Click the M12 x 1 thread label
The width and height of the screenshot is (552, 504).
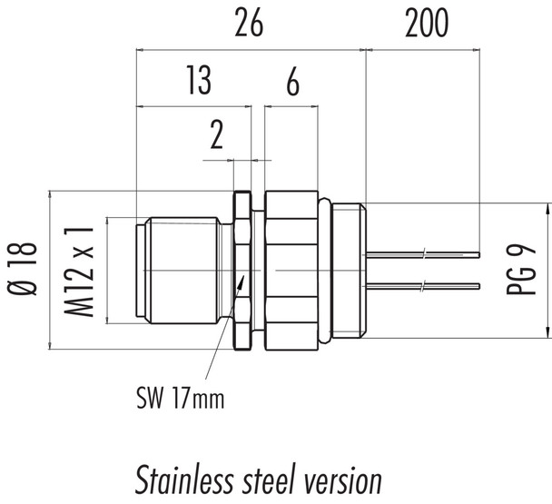pyautogui.click(x=83, y=271)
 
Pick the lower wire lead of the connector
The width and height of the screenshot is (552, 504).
pyautogui.click(x=422, y=286)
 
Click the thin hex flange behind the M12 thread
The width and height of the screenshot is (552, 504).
pyautogui.click(x=241, y=270)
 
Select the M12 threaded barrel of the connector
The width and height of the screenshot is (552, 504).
pyautogui.click(x=182, y=270)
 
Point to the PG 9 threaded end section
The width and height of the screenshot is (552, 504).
pyautogui.click(x=349, y=270)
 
